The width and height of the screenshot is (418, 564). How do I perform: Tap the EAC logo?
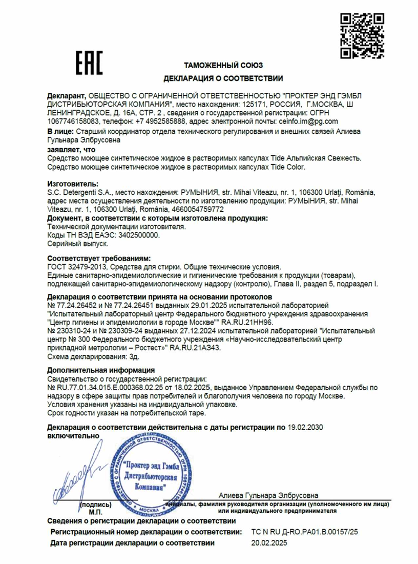click(x=89, y=63)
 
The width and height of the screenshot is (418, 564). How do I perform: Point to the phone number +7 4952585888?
click(x=161, y=122)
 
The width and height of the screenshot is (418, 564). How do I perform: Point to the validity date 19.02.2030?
click(x=305, y=427)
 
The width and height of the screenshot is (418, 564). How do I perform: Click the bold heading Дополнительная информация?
click(x=100, y=370)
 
